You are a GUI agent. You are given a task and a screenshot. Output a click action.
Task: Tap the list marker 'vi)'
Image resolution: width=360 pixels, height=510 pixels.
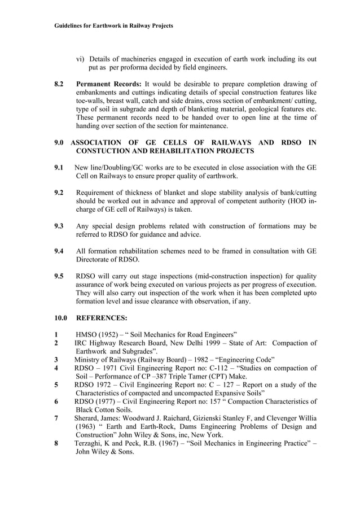tap(81, 59)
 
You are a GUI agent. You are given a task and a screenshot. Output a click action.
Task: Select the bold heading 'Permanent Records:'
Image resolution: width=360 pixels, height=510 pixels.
tap(109, 84)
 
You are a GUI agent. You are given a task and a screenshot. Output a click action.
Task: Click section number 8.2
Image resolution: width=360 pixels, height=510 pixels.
tap(59, 84)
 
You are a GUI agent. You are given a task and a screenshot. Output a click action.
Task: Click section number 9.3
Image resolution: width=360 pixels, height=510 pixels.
tap(58, 226)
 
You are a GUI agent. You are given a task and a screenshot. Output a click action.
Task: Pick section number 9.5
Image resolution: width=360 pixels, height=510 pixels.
tap(58, 276)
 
